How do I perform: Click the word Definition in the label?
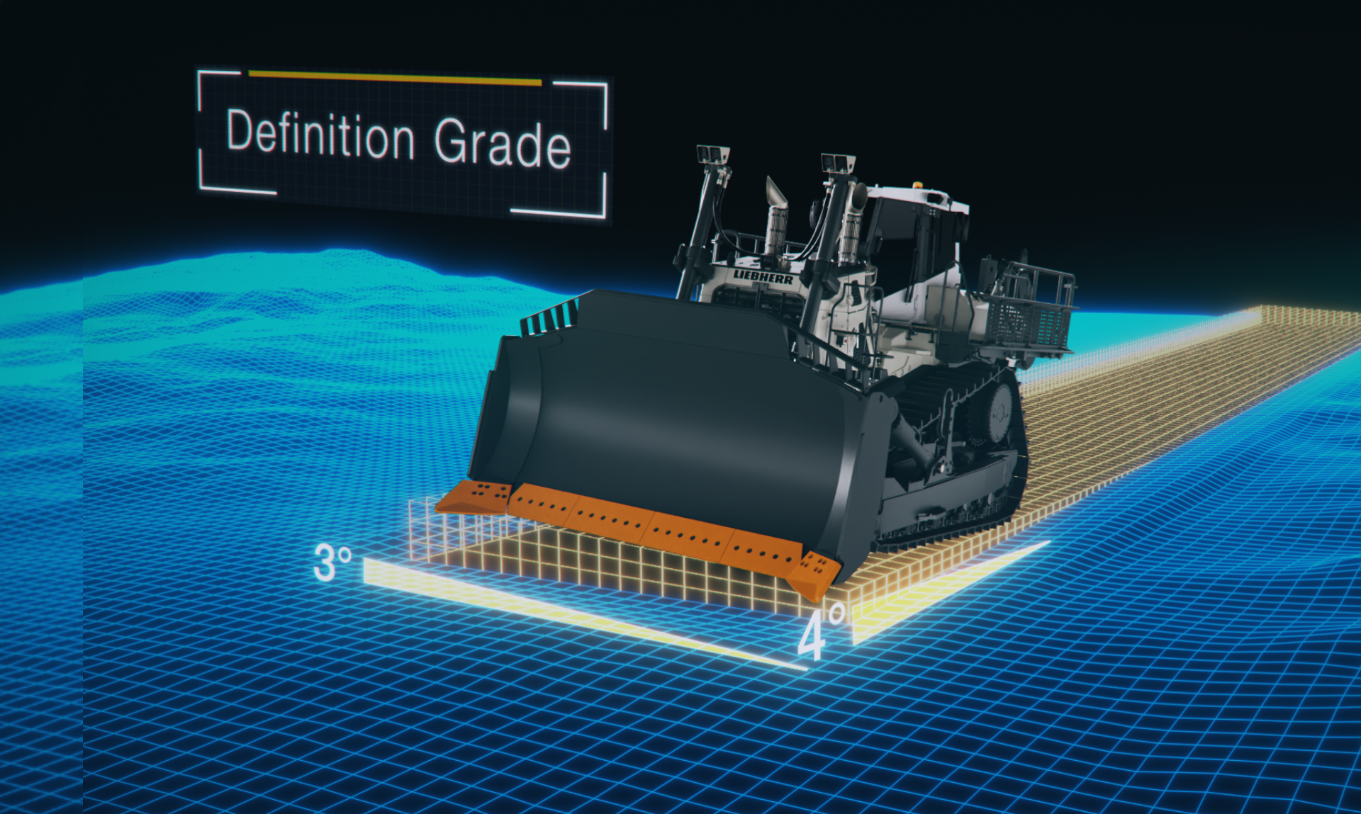320,134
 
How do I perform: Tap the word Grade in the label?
502,143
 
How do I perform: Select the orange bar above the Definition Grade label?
395,78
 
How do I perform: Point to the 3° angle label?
332,563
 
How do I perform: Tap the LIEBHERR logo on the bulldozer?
763,276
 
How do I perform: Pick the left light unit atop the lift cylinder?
713,155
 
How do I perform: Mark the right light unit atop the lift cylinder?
839,164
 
